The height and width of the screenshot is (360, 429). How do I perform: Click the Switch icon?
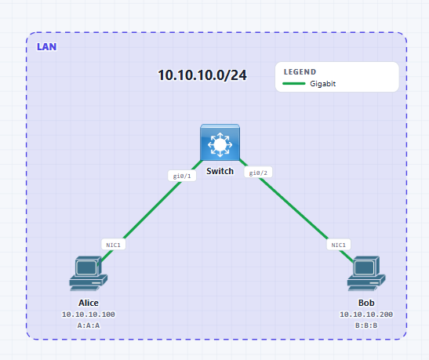220,142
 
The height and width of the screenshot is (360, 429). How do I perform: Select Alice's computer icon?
88,273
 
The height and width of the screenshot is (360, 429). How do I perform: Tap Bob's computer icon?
366,273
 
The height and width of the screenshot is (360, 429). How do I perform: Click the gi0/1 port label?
182,176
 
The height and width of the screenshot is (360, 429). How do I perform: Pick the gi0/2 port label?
258,173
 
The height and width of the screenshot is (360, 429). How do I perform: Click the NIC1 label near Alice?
114,245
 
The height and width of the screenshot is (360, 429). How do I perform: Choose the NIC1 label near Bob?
339,245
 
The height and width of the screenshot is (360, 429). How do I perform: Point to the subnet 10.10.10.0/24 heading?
202,75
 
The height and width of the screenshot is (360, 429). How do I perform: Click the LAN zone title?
47,47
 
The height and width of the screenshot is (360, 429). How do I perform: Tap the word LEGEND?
300,72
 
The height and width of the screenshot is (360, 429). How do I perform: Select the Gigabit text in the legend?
322,84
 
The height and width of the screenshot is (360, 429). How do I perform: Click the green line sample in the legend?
294,83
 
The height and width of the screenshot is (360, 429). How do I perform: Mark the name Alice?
89,303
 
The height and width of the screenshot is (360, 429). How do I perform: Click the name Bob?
366,303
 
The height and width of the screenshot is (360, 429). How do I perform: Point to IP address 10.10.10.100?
89,315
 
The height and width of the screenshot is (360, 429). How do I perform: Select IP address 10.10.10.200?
366,315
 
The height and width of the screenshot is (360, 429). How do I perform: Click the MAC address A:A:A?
89,325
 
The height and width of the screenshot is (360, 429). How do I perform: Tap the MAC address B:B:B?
366,325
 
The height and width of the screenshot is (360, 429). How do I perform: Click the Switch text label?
220,171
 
